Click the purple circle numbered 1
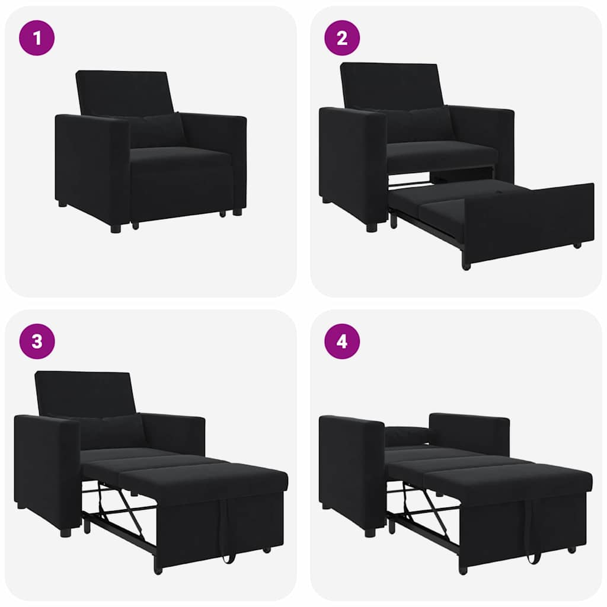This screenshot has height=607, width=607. point(37,38)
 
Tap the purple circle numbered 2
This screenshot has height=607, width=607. point(342,38)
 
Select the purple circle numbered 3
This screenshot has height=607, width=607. point(37,341)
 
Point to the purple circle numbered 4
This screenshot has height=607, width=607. point(342,341)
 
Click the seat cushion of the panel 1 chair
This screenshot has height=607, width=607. point(178,157)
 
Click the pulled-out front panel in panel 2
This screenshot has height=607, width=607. point(528,222)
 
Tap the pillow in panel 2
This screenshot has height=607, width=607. point(421,124)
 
